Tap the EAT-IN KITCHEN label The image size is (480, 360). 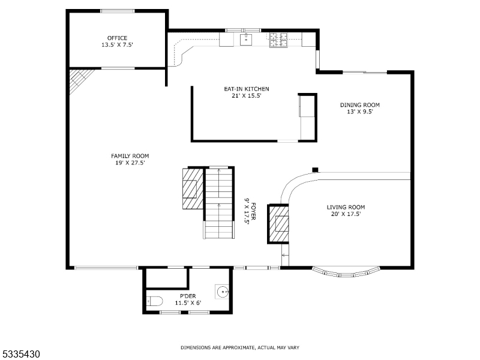[242, 89]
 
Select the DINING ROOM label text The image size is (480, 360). [359, 105]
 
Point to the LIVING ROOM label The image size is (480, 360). [346, 207]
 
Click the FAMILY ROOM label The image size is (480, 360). [130, 155]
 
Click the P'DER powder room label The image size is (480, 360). [188, 296]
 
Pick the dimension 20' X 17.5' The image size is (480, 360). [346, 214]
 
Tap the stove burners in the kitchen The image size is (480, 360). [278, 39]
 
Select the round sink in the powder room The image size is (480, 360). [223, 293]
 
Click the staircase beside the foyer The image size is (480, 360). [219, 203]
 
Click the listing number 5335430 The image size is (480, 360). [20, 355]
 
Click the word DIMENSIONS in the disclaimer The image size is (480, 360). [196, 347]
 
